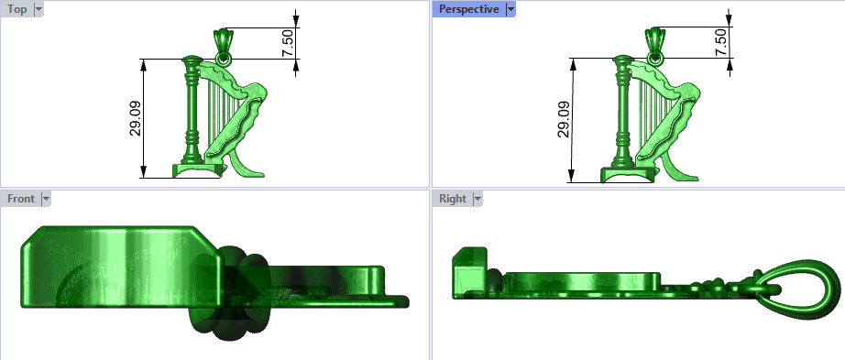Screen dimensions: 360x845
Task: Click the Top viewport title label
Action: click(x=16, y=9)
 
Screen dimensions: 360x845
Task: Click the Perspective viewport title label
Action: click(x=468, y=9)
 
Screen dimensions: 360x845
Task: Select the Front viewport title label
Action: click(x=20, y=199)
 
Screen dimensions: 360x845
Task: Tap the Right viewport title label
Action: click(x=452, y=199)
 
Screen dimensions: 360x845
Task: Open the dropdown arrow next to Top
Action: click(x=38, y=9)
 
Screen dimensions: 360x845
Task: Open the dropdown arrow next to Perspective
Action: click(x=510, y=9)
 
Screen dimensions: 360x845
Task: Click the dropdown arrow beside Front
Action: click(x=45, y=199)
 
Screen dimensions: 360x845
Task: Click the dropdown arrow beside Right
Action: click(x=477, y=199)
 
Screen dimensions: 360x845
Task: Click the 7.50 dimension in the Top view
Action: click(x=288, y=42)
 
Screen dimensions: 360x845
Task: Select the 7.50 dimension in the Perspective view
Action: click(x=719, y=42)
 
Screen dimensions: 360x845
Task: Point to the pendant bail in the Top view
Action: click(x=222, y=42)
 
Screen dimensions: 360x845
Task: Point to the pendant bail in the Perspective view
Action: click(x=654, y=42)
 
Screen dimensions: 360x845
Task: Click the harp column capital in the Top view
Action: click(x=191, y=63)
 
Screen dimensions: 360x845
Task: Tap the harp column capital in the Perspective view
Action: click(x=624, y=63)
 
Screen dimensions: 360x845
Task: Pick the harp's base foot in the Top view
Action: click(x=196, y=170)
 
